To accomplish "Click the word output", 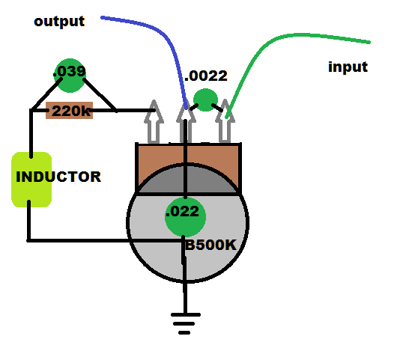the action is coord(59,22).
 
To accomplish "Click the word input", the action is coord(348,67).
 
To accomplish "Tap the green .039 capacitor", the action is coord(70,76).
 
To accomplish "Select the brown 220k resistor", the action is coord(69,111).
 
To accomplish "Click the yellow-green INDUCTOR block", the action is coord(31,180).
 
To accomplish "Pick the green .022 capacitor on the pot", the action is coord(185,217).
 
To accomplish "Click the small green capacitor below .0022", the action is coord(205,100).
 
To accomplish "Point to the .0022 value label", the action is coord(205,76).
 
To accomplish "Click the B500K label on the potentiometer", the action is coord(210,245).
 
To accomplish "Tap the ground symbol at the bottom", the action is coord(186,323).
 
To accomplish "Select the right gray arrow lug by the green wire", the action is coord(225,120).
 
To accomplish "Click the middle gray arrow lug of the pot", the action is coord(186,123).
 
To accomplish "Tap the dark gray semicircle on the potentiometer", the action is coord(188,180).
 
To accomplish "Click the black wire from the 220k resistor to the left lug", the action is coord(122,110).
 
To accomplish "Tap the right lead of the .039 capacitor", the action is coord(100,95).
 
